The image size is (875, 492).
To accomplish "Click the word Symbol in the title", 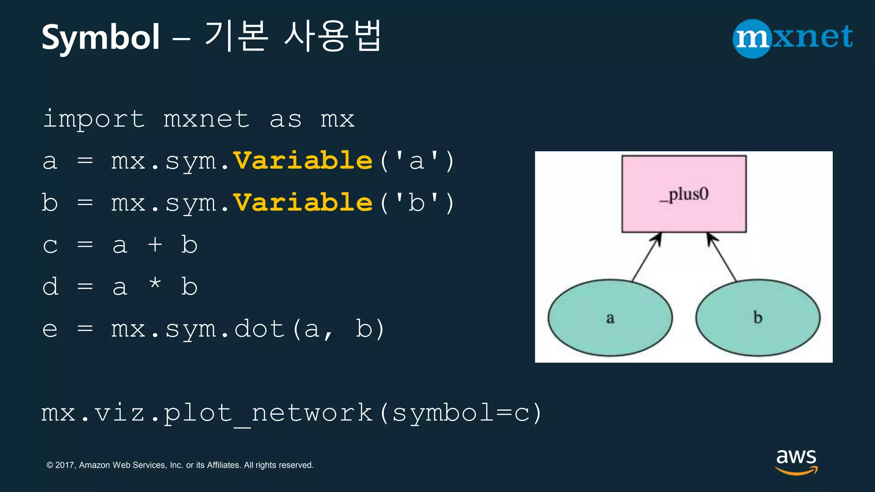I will pos(101,38).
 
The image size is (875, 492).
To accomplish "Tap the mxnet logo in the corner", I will pos(793,38).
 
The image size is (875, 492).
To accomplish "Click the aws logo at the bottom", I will pos(796,461).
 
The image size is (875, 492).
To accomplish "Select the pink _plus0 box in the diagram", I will pos(684,194).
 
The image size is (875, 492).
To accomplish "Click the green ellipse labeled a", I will pos(610,318).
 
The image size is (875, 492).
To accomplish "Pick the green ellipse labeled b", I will pos(758,318).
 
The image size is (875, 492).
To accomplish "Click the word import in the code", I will pos(94,119).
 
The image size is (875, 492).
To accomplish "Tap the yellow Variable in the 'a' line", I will pos(303,161).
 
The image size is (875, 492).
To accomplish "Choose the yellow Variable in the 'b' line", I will pos(303,202).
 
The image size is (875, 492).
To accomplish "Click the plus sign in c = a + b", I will pos(155,245).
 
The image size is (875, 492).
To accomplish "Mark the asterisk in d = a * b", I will pos(155,284).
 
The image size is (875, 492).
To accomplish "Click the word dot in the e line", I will pos(259,329).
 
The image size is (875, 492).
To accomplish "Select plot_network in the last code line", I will pos(268,413).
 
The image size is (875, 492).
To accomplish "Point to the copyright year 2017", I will pos(65,465).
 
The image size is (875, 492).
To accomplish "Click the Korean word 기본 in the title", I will pos(236,36).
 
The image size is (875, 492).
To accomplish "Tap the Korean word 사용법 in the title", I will pos(332,36).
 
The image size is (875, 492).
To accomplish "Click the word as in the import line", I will pos(285,119).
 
